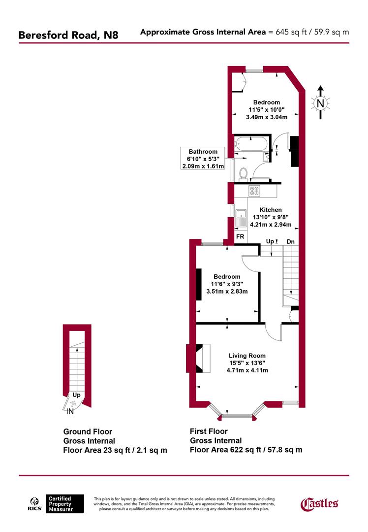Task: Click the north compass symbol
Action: pos(320,103)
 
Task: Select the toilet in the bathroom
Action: pos(243,173)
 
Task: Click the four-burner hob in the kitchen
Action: pos(255,191)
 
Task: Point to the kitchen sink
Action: pos(241,218)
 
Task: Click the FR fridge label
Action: pos(241,236)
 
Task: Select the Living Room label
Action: pos(247,355)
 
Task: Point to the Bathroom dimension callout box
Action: pos(202,159)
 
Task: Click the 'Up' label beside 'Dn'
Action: pos(270,241)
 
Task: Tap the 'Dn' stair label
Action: pos(291,241)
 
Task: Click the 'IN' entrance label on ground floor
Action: pos(70,411)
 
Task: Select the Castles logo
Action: pos(319,503)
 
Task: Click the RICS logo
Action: pos(33,504)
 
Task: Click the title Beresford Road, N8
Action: pos(68,35)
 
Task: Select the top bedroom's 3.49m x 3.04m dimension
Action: pos(266,117)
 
